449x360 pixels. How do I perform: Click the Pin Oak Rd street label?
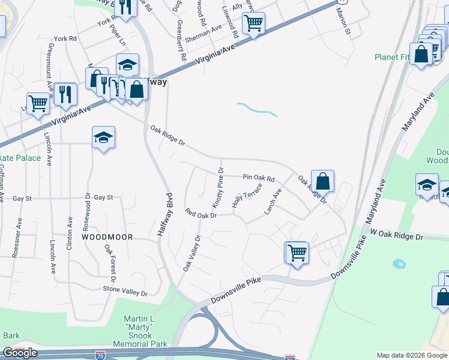click(259, 178)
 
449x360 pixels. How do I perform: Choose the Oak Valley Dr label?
click(191, 252)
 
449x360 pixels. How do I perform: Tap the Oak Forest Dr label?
click(110, 262)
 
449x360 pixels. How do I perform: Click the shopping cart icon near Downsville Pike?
click(297, 252)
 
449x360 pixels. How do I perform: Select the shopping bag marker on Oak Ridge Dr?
click(322, 181)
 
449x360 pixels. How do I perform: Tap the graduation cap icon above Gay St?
click(103, 137)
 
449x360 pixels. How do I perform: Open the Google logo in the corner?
click(19, 353)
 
